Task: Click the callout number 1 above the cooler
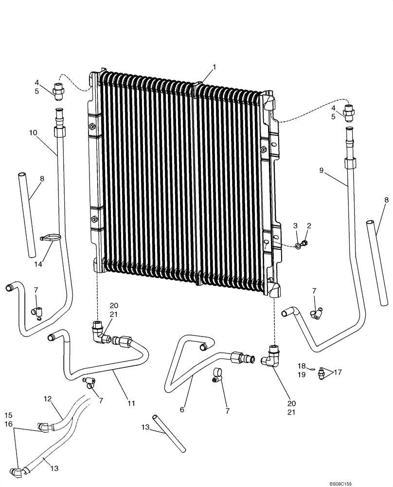(x=214, y=67)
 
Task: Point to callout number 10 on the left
(x=33, y=132)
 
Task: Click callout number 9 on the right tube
(x=322, y=171)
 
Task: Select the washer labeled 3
(x=298, y=246)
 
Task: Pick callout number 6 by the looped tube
(x=182, y=410)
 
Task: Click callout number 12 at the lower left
(x=48, y=399)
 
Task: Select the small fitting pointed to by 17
(x=322, y=375)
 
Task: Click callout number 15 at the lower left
(x=9, y=415)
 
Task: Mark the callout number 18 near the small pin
(x=302, y=365)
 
